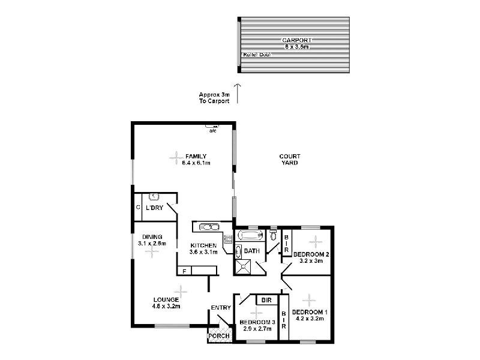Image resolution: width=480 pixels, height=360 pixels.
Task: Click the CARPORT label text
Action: (295, 40)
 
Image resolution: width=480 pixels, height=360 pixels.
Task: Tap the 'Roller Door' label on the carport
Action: (256, 55)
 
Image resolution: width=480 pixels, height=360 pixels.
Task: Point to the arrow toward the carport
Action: (238, 93)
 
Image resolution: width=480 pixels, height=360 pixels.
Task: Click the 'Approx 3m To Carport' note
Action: (214, 98)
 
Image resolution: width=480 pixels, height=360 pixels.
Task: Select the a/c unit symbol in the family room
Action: (212, 126)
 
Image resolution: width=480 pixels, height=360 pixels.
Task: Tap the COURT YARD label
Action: (289, 160)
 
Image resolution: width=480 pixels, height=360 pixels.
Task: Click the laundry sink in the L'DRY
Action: (154, 196)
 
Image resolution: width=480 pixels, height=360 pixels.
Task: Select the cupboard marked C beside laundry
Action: (137, 208)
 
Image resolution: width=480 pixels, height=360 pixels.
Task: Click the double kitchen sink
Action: (208, 227)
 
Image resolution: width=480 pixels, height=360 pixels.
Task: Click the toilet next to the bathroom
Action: (274, 235)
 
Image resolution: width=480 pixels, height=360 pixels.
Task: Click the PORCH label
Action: (218, 336)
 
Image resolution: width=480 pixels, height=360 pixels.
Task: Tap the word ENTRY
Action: (220, 308)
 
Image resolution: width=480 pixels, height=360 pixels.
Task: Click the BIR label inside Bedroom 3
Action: (265, 299)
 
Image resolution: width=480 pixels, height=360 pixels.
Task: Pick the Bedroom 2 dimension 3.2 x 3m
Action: (310, 261)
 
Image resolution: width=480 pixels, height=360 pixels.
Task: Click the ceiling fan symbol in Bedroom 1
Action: (308, 299)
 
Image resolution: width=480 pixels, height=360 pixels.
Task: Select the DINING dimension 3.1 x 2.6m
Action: (151, 244)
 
